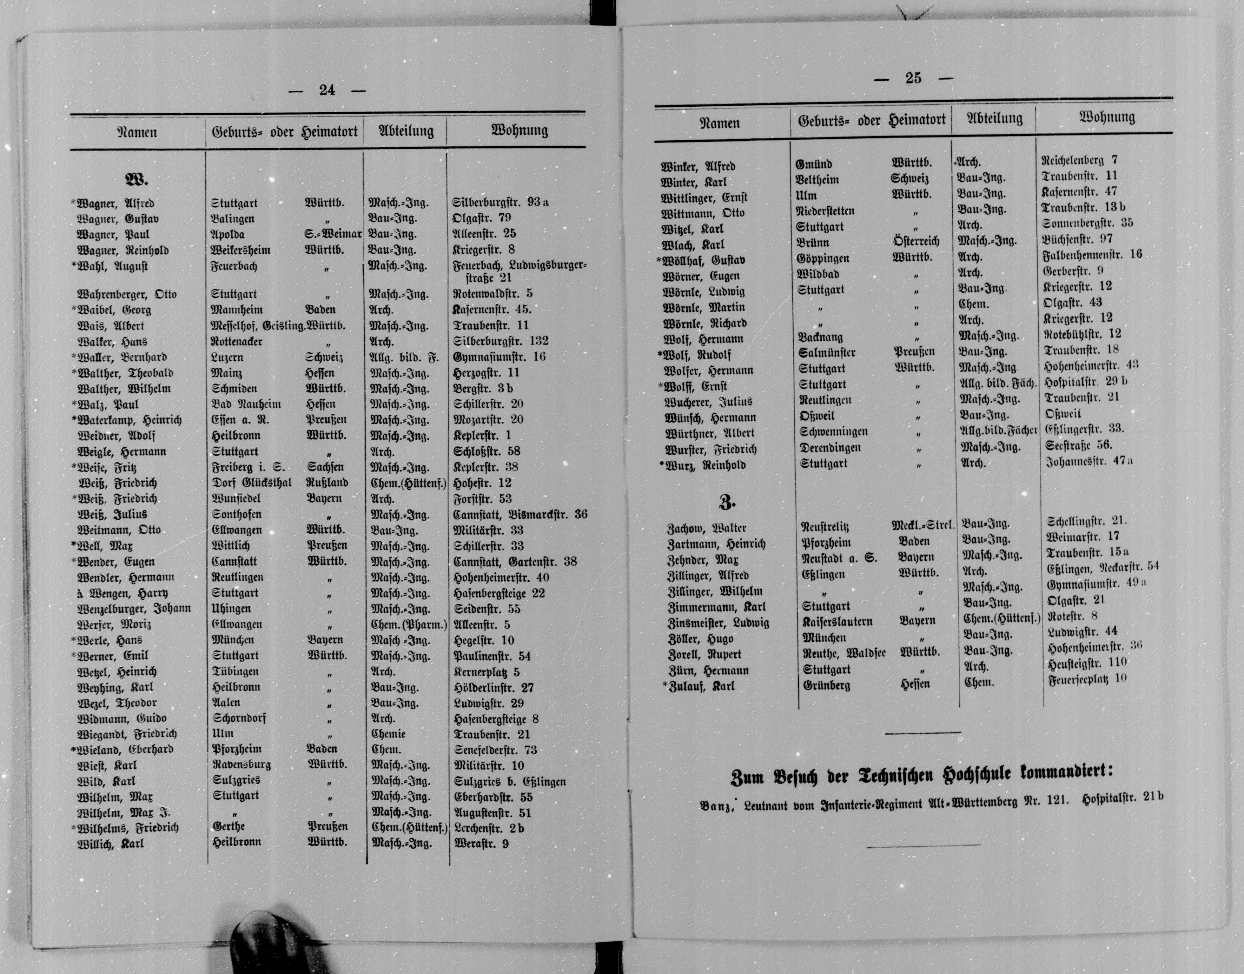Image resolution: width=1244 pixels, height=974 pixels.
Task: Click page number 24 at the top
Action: pos(327,90)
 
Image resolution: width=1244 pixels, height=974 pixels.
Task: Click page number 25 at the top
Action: pos(913,79)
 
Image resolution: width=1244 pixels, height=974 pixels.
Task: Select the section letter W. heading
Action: pos(136,181)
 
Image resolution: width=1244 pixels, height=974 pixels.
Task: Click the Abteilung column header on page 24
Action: pos(406,131)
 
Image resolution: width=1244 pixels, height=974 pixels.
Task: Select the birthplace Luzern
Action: pos(227,358)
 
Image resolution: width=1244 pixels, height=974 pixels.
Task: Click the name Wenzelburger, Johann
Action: pos(134,608)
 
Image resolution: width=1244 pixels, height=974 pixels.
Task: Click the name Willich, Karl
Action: pos(111,843)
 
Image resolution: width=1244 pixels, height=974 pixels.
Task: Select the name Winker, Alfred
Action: pos(697,167)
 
